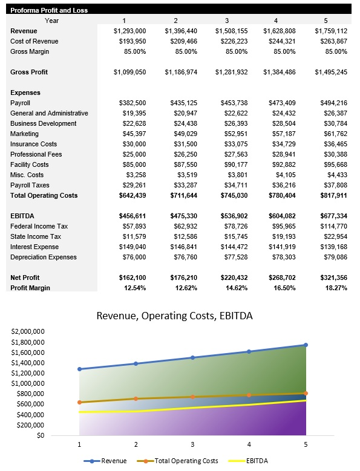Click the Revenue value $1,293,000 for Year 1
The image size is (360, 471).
click(129, 31)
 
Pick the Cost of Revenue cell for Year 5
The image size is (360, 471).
click(331, 41)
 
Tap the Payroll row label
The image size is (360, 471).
click(21, 103)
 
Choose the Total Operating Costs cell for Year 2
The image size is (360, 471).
click(181, 195)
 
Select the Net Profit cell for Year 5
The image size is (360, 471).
click(331, 278)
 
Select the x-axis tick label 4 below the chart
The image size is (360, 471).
click(249, 444)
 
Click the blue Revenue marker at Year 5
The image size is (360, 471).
click(306, 345)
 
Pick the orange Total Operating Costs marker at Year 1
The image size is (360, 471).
click(79, 402)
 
